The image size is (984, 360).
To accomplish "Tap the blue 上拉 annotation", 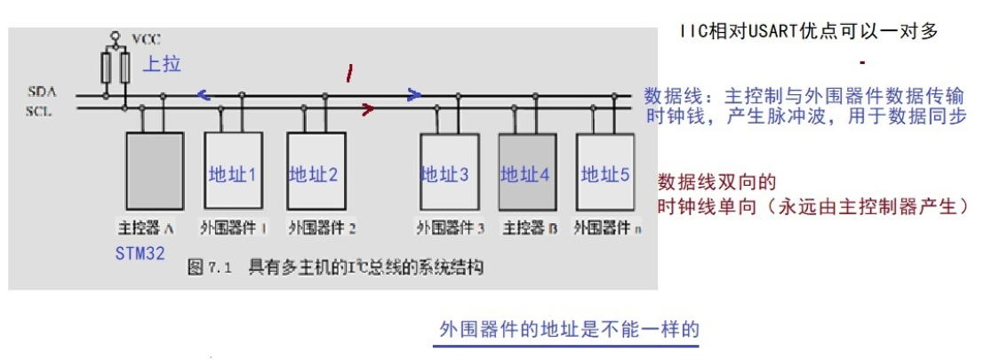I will click(x=162, y=65).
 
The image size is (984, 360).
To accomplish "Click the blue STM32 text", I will click(x=140, y=253).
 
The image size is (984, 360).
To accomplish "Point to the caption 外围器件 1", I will click(x=235, y=228).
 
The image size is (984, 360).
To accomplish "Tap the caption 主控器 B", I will click(x=530, y=228).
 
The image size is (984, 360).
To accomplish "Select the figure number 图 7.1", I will click(x=212, y=266).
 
